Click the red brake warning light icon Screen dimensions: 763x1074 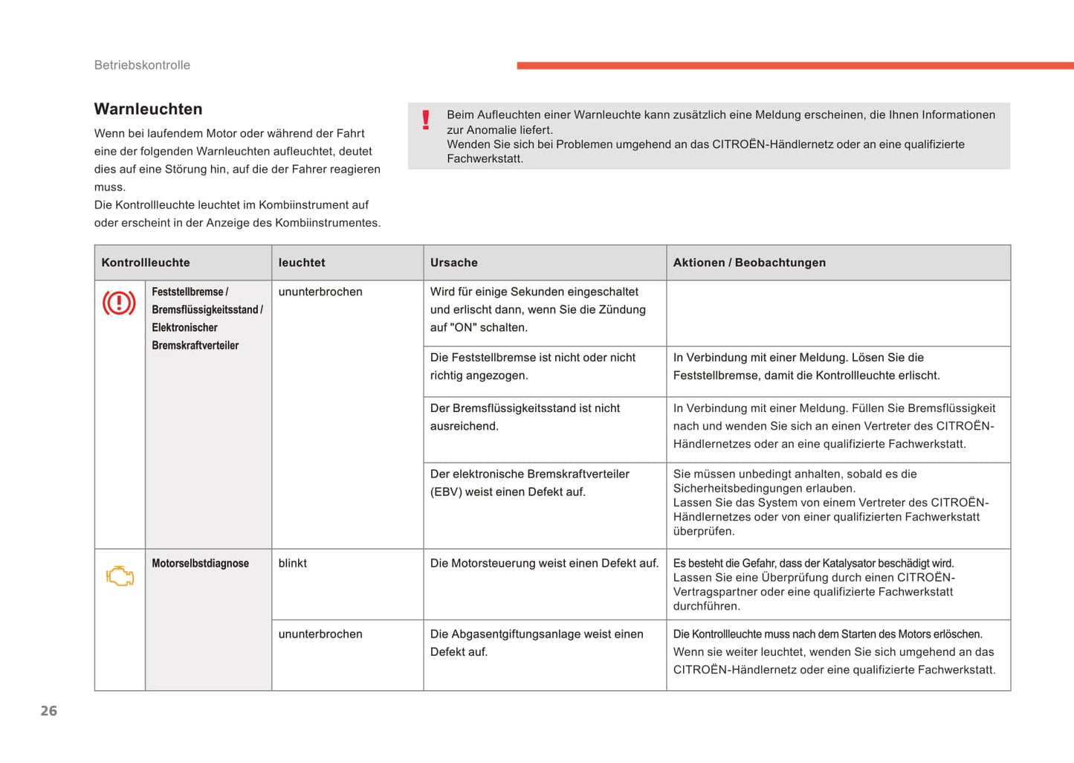tap(119, 303)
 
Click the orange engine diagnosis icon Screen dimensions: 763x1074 tap(120, 576)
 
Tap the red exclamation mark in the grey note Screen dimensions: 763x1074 tap(426, 120)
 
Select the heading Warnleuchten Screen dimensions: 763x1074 tap(148, 109)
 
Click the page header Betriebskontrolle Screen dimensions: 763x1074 tap(142, 65)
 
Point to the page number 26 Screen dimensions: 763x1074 tap(49, 711)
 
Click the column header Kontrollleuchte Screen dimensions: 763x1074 tap(146, 263)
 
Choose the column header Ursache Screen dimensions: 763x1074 tap(453, 263)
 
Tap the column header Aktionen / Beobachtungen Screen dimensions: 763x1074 tap(749, 263)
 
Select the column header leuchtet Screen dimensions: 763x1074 tap(301, 263)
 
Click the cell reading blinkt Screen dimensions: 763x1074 tap(292, 563)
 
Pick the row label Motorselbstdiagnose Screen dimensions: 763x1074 tap(200, 564)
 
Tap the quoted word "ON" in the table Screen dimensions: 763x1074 tap(467, 327)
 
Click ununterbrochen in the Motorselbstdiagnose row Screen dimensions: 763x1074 tap(320, 634)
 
